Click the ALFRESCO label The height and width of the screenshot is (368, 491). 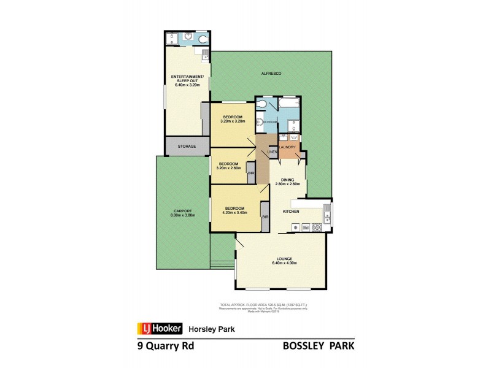point(271,74)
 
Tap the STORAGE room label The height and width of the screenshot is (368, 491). point(187,147)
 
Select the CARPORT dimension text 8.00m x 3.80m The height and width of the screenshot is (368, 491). point(183,215)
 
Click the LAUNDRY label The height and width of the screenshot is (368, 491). point(287,147)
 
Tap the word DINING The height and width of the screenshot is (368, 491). point(287,180)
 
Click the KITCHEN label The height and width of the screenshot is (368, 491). point(290,212)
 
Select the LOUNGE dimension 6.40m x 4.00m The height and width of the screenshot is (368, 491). point(284,263)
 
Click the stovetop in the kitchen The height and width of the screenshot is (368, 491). point(317,228)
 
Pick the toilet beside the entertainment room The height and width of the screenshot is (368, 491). point(203,39)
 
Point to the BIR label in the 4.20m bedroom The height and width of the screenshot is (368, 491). point(265,218)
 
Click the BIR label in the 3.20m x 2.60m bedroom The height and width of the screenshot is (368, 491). point(251,174)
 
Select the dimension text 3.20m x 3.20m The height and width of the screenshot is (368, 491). point(233,121)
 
